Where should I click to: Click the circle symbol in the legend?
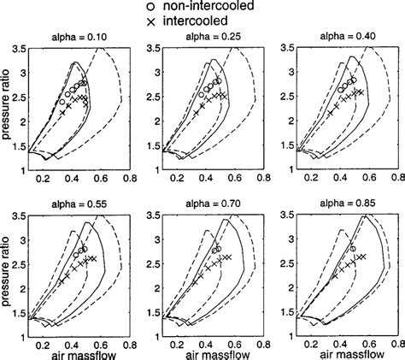coord(151,5)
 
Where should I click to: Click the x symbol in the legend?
coord(151,20)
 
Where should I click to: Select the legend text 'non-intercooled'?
coord(208,6)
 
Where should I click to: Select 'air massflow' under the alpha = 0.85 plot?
coord(347,351)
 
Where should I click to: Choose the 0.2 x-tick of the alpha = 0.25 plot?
coord(174,180)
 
